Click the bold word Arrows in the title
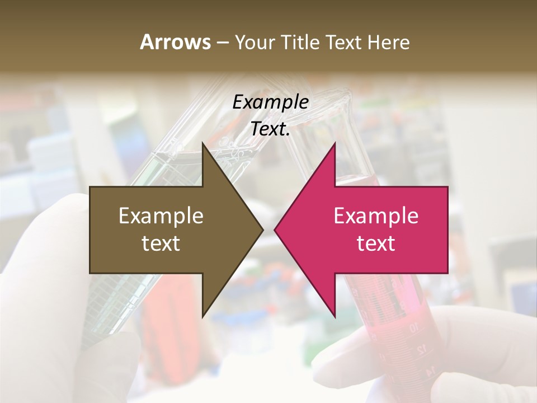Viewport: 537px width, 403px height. tap(175, 43)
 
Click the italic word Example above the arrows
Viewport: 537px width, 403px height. tap(270, 102)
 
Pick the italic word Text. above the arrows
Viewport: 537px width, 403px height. tap(270, 129)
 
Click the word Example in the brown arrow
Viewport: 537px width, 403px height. tap(161, 216)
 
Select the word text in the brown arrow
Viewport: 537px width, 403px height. tap(161, 243)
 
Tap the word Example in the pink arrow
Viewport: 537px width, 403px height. tap(376, 216)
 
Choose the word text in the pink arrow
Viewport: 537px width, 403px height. tap(376, 243)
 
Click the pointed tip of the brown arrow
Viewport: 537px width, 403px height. tap(262, 229)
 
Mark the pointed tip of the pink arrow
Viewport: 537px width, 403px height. tap(275, 229)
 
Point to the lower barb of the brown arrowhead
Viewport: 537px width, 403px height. tap(203, 315)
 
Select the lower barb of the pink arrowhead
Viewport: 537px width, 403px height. tap(334, 315)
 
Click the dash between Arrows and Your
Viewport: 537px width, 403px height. tap(222, 43)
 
